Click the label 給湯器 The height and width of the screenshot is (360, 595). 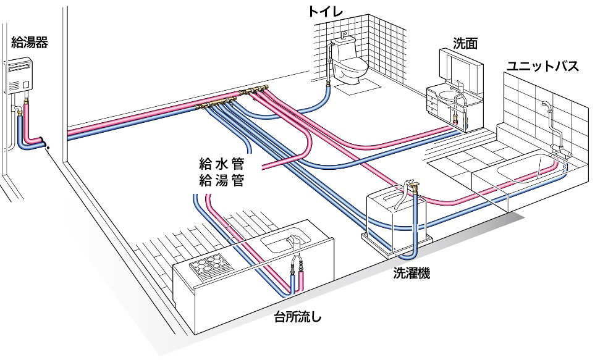29,43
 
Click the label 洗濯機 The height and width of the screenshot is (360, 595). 411,272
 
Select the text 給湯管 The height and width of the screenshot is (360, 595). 221,181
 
